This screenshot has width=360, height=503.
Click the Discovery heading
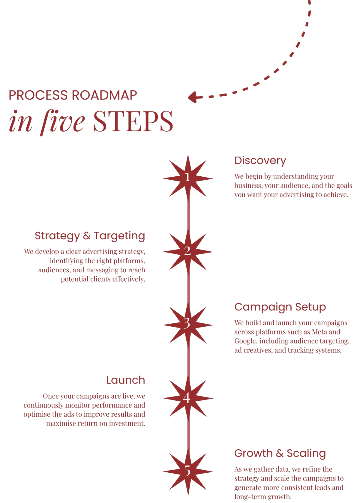[260, 161]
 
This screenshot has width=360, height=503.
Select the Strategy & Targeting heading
[90, 236]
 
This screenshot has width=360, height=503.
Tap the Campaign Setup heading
[280, 307]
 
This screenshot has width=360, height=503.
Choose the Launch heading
[125, 380]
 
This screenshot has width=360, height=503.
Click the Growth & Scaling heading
[280, 453]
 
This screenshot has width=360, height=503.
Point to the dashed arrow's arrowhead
[192, 97]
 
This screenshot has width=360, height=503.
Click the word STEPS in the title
[133, 121]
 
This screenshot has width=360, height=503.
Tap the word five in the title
[63, 121]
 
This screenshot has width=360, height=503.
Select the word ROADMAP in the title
[104, 95]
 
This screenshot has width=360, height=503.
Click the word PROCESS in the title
[38, 95]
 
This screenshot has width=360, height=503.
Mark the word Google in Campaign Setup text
[245, 341]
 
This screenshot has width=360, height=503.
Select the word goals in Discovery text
[344, 186]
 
